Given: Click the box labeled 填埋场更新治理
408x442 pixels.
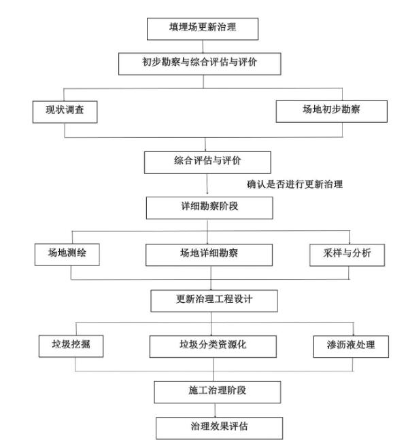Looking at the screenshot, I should point(203,29).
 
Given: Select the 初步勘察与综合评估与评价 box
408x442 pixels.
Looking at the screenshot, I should point(203,62).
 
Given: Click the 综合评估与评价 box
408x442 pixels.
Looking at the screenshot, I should point(208,162).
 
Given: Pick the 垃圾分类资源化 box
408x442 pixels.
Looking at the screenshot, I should point(212,346).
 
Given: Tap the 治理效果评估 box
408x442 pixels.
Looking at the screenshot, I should point(216,427).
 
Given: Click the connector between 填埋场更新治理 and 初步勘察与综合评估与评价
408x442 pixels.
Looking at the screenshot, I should point(203,45).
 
